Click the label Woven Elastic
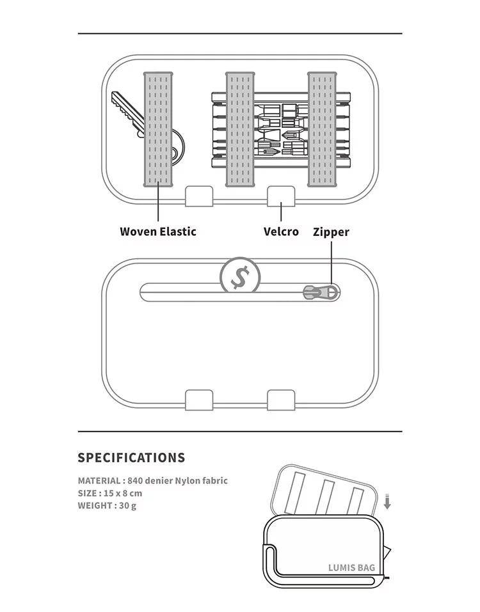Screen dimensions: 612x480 157,231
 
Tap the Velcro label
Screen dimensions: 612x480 281,231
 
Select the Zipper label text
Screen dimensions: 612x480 331,231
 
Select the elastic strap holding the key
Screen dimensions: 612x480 157,129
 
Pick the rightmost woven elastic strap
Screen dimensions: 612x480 323,129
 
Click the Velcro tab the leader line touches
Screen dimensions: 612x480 281,196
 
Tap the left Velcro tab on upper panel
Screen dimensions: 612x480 199,196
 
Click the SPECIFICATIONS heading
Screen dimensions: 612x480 131,458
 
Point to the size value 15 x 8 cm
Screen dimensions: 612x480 123,493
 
